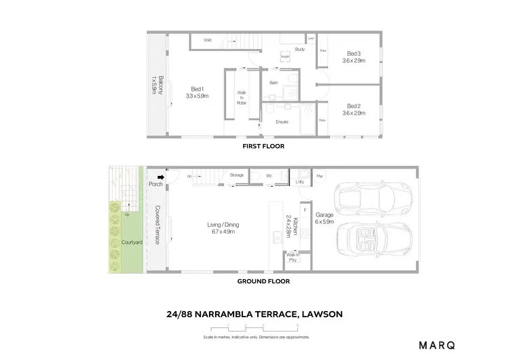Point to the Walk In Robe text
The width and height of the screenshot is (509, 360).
[241, 98]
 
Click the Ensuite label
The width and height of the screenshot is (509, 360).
[282, 122]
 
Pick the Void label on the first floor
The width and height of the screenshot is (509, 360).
[208, 40]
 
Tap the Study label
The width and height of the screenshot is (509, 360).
[299, 49]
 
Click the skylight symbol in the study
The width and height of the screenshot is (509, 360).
[285, 56]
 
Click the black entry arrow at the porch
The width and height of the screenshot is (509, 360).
[160, 175]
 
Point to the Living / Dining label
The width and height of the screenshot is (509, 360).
[223, 228]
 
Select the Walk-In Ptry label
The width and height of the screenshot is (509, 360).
[294, 257]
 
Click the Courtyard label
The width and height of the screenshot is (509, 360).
[127, 242]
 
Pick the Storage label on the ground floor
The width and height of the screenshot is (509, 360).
[236, 175]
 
